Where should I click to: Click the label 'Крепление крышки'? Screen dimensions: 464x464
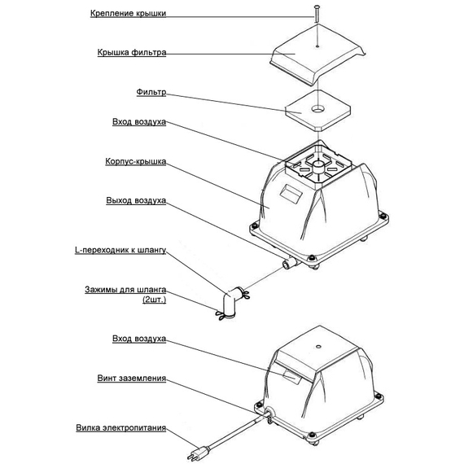128,13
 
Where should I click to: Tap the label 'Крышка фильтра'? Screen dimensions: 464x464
132,53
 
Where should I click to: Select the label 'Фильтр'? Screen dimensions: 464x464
151,92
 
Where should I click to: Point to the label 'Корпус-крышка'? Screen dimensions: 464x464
136,161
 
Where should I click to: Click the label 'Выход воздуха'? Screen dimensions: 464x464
136,200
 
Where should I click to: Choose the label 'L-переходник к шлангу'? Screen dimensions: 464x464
120,251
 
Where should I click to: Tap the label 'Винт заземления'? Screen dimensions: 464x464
132,379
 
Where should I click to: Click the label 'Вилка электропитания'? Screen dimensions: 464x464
121,428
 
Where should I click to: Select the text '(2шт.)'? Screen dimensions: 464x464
154,300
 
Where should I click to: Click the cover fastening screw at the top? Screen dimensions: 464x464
317,13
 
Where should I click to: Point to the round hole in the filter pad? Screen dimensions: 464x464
318,110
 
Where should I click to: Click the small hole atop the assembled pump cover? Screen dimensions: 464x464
318,346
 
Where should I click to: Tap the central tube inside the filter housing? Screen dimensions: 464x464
317,168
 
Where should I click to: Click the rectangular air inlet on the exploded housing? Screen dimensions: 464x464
291,193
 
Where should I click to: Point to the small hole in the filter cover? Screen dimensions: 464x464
317,46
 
